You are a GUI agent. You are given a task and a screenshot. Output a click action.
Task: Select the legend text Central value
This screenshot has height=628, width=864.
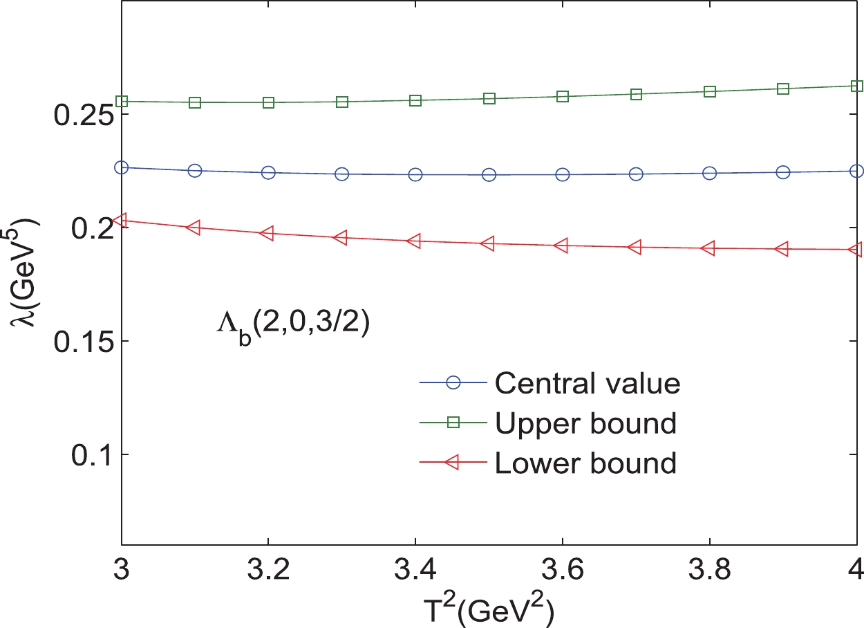click(588, 383)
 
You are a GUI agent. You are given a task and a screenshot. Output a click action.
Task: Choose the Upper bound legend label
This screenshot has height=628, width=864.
click(585, 423)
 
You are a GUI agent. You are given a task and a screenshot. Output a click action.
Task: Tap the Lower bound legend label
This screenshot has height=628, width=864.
click(585, 463)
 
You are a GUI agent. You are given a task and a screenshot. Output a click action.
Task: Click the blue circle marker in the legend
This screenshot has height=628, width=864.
click(453, 382)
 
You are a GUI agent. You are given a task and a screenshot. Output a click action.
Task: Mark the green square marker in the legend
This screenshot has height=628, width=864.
click(453, 423)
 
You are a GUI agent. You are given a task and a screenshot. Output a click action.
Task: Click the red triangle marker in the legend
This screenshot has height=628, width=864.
click(453, 463)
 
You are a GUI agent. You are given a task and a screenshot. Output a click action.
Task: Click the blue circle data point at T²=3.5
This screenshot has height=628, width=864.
click(489, 175)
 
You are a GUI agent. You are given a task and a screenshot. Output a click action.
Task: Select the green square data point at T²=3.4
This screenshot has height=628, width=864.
click(415, 101)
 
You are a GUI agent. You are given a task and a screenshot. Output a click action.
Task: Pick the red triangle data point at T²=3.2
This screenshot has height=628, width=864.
click(267, 233)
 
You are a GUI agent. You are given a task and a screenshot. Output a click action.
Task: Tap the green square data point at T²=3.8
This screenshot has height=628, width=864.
click(710, 91)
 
